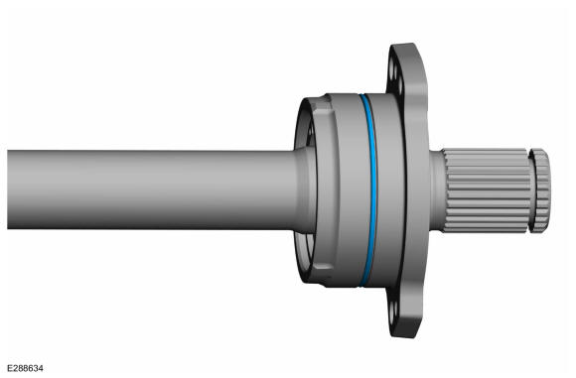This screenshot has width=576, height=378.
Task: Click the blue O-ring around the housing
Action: [x=373, y=190]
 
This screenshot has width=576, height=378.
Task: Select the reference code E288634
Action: [x=25, y=368]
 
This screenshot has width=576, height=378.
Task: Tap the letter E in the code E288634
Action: [x=10, y=368]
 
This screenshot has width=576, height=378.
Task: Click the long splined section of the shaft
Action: [x=487, y=190]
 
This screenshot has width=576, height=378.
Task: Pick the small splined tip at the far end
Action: [x=541, y=190]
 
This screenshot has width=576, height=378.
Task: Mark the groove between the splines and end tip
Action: [x=532, y=190]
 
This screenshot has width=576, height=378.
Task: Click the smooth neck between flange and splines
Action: [x=436, y=190]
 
